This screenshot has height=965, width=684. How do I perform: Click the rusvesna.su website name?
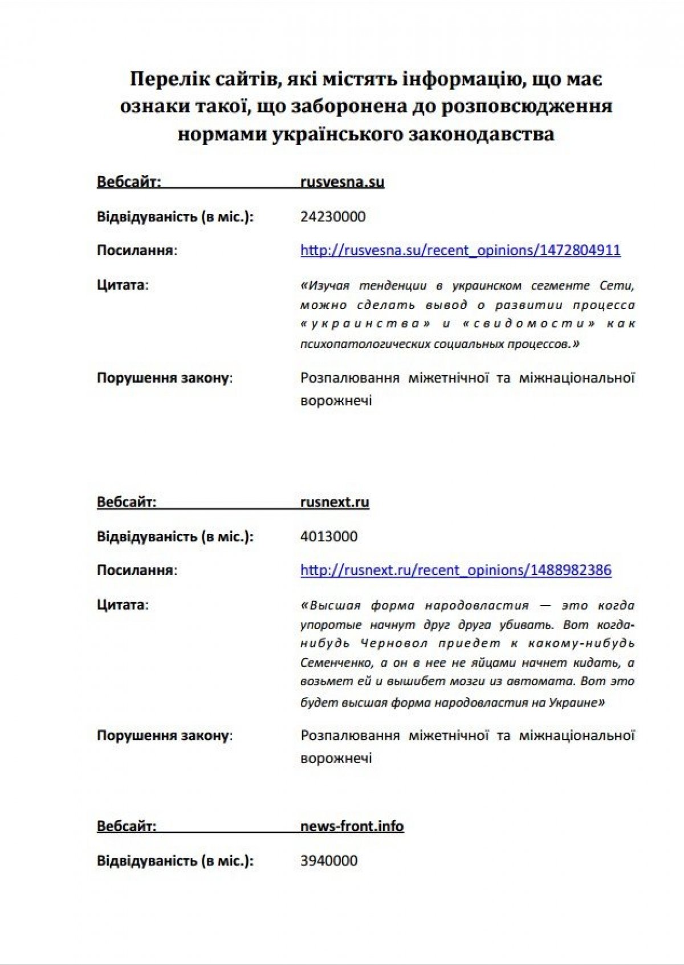tap(342, 182)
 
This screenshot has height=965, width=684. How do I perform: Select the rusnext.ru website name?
tap(335, 502)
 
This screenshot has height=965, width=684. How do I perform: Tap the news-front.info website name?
tap(352, 826)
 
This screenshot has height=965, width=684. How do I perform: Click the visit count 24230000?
tap(333, 217)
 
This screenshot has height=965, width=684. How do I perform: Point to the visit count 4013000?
tap(329, 537)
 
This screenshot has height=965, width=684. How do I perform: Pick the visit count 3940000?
tap(329, 861)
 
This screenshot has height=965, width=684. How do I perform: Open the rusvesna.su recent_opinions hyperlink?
tap(460, 250)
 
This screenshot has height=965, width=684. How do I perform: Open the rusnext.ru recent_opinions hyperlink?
tap(455, 570)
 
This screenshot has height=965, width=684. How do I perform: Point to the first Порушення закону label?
tap(164, 378)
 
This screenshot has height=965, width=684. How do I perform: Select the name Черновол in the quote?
tap(394, 643)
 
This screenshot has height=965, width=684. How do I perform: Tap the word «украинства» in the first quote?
tap(365, 324)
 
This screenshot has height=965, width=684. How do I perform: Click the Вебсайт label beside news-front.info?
tap(126, 826)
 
